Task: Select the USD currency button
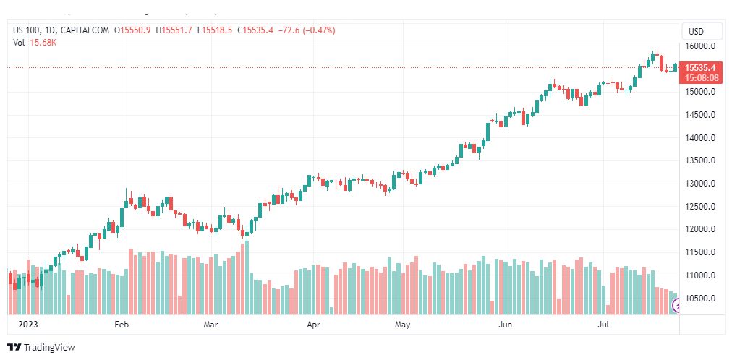tap(696, 32)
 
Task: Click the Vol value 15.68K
tap(43, 43)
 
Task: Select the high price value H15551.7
tap(174, 31)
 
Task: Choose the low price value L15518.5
tap(215, 31)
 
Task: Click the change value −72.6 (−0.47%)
tap(307, 31)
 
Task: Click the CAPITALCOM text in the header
tap(85, 31)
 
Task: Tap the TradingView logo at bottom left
tap(41, 348)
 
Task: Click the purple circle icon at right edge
tap(675, 306)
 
